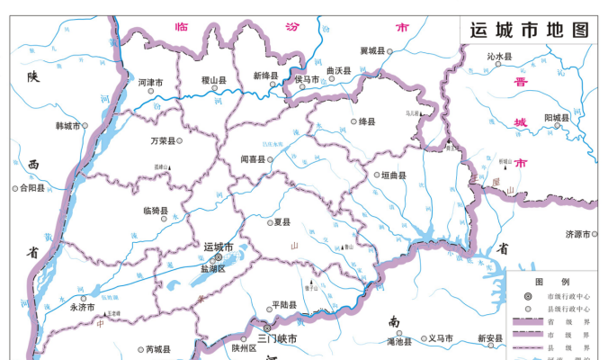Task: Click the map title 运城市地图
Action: pyautogui.click(x=531, y=29)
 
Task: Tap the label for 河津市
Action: pyautogui.click(x=150, y=83)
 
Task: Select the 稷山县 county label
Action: pyautogui.click(x=214, y=81)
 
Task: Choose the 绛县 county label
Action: pyautogui.click(x=369, y=121)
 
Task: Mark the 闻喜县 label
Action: pyautogui.click(x=253, y=159)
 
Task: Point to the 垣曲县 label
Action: pyautogui.click(x=394, y=175)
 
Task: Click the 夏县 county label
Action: pyautogui.click(x=282, y=220)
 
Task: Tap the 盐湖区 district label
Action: pyautogui.click(x=218, y=269)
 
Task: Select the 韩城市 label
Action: pyautogui.click(x=68, y=126)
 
